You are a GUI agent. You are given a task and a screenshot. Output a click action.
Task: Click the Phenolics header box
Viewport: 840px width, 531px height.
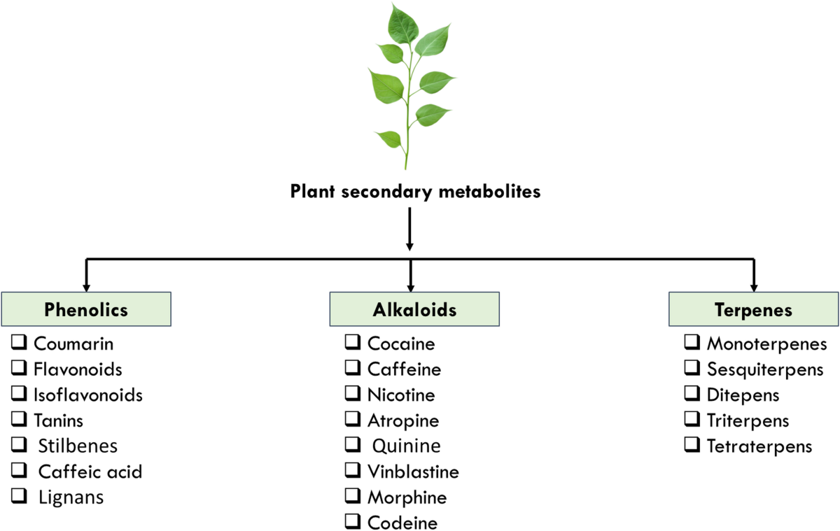(x=86, y=309)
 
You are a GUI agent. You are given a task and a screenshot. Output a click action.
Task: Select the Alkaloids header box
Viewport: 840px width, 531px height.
(x=414, y=309)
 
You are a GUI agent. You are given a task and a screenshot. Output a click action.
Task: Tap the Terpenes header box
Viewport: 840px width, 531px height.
(x=754, y=309)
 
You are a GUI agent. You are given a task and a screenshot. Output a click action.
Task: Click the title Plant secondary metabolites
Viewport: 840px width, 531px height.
(x=415, y=192)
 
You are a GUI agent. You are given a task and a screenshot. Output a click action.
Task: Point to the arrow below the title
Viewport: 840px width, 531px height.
(x=409, y=229)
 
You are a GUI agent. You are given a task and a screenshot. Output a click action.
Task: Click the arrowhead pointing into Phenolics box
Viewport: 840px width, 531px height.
(x=86, y=288)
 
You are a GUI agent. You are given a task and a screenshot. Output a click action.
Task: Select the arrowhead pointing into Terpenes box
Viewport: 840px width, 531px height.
(x=754, y=288)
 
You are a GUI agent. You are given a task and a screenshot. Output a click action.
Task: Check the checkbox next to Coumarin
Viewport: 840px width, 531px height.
(x=19, y=342)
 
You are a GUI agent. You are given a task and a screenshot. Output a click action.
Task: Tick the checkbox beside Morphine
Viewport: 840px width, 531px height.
(x=353, y=496)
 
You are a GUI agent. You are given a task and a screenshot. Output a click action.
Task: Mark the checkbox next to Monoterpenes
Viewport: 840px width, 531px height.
(x=692, y=342)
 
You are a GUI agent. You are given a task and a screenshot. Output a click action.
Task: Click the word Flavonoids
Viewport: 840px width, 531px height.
(x=78, y=369)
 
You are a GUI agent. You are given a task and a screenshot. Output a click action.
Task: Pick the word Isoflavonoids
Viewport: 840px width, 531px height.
(x=88, y=395)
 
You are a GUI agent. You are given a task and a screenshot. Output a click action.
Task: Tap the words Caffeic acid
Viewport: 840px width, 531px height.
(x=90, y=472)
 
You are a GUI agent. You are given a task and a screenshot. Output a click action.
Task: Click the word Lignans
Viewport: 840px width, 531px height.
(x=71, y=498)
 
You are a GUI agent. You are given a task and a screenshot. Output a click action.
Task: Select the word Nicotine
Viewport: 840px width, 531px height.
(x=401, y=395)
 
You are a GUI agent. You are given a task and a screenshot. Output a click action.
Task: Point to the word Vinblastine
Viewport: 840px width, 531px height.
(x=413, y=472)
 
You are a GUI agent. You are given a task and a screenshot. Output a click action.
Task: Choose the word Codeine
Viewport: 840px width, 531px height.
(x=402, y=523)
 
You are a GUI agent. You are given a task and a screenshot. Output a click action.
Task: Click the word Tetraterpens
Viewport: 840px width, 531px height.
(x=759, y=446)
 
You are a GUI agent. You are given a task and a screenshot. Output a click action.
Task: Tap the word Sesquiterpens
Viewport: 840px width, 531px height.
(x=765, y=370)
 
